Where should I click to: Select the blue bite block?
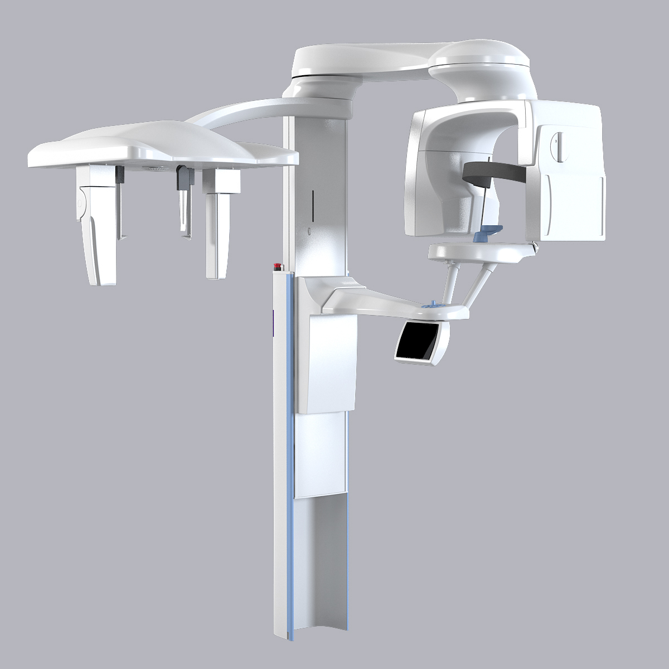click(x=486, y=231)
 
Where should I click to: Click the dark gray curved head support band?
click(x=493, y=171)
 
